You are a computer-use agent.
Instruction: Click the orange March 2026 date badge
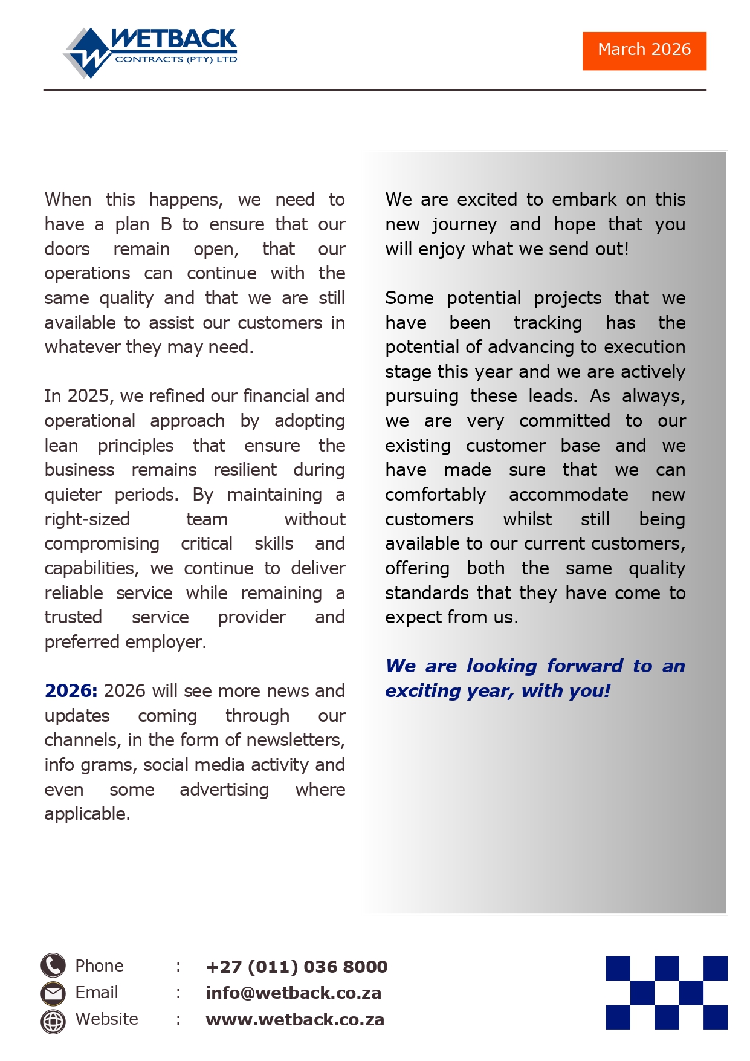644,51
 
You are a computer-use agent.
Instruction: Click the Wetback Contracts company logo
150,52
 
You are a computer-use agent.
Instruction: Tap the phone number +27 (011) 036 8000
296,967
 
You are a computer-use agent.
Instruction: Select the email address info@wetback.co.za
293,993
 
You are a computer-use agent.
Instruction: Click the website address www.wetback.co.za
295,1020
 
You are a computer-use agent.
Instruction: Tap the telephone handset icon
53,965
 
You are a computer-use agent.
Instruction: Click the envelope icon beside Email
53,993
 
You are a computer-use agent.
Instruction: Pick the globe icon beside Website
53,1021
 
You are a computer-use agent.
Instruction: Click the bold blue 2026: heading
71,691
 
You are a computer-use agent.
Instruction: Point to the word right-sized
87,519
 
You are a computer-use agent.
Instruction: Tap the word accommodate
568,495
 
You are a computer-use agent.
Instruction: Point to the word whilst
527,519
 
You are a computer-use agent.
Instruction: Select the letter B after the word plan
166,224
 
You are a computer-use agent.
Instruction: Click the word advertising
224,790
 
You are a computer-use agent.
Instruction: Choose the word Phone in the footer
99,966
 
